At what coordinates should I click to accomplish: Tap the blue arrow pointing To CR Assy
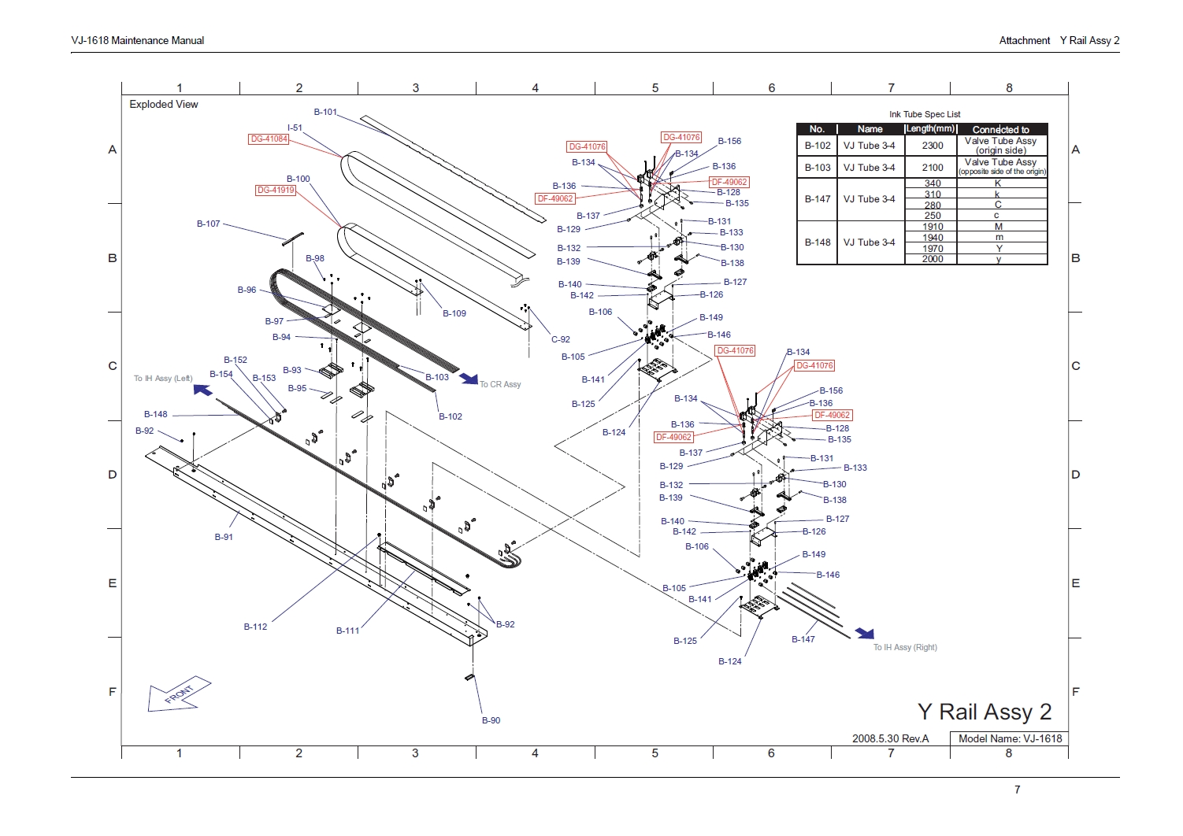click(469, 379)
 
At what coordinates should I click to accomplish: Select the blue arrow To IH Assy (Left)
click(202, 389)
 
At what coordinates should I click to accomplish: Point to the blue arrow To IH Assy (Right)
click(865, 633)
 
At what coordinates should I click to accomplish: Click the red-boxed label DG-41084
click(269, 139)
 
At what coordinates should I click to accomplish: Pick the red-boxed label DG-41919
click(276, 191)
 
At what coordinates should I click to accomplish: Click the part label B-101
click(325, 112)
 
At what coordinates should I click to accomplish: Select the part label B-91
click(224, 537)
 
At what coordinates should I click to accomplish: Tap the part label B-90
click(491, 720)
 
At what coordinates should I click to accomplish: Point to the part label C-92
click(560, 339)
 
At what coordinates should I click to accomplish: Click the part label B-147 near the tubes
click(803, 639)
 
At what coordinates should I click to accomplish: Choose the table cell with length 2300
click(932, 146)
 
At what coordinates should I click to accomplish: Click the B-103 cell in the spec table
click(817, 168)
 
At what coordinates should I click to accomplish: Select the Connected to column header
click(1000, 129)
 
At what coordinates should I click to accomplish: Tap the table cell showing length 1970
click(932, 249)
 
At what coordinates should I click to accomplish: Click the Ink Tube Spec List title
click(925, 114)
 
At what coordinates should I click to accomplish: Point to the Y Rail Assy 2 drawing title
click(984, 712)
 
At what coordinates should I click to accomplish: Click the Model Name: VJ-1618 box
click(1009, 738)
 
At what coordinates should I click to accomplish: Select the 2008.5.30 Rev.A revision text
click(890, 738)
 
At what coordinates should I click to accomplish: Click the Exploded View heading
click(164, 104)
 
